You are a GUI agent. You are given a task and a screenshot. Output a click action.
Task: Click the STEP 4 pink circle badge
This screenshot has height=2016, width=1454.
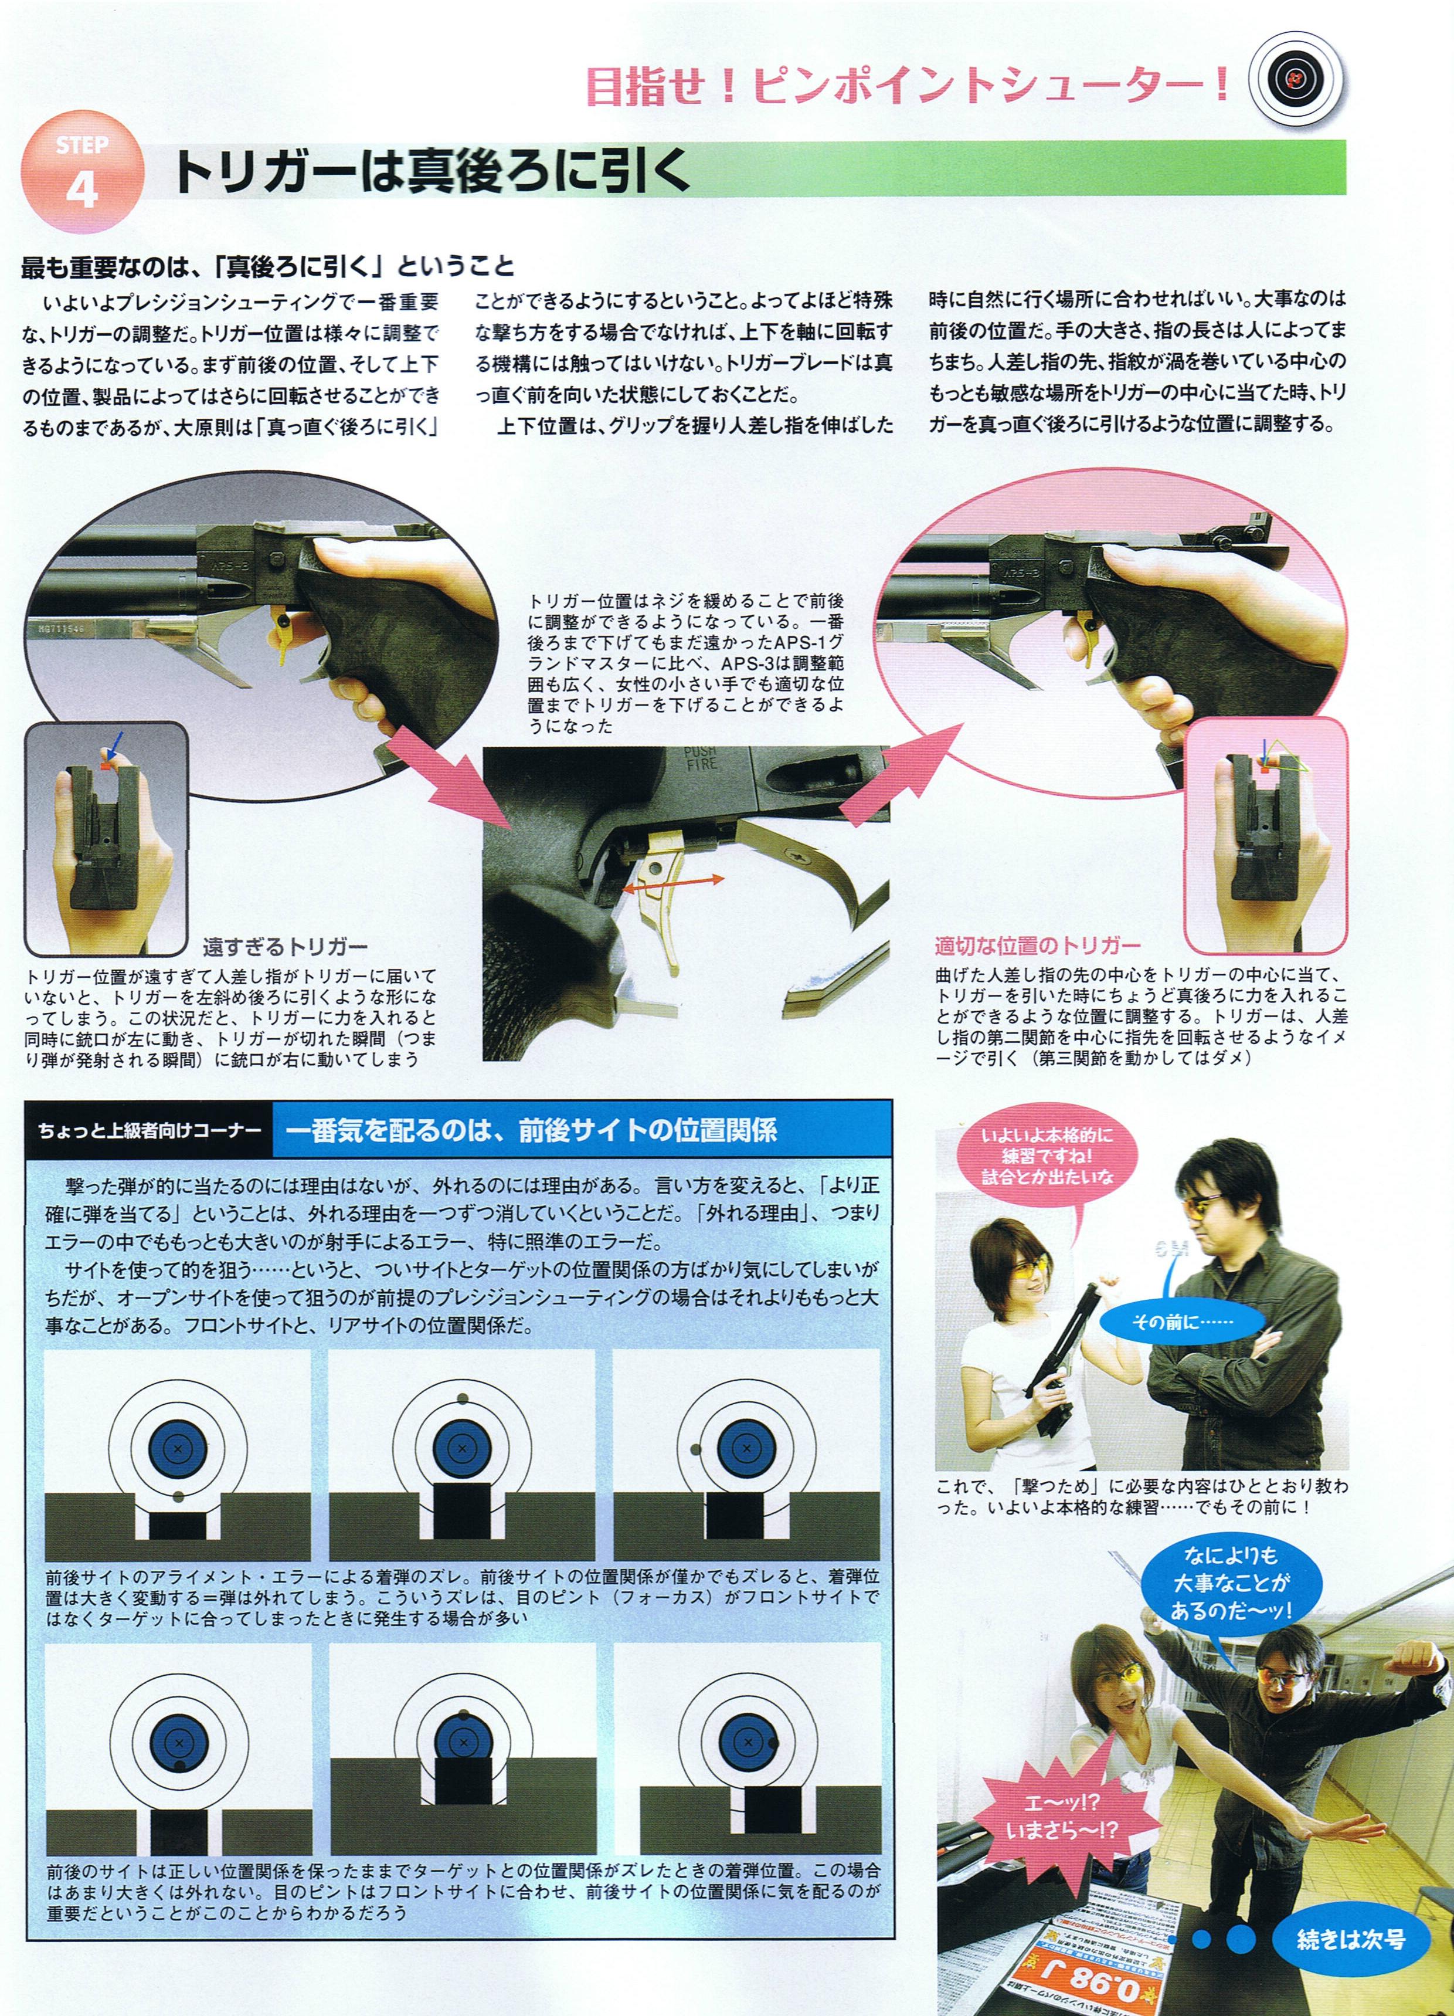(81, 175)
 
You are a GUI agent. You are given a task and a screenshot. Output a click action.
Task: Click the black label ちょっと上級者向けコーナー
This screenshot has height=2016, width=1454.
(150, 1131)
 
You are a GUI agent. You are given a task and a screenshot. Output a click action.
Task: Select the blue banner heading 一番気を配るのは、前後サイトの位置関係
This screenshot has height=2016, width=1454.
(531, 1131)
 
